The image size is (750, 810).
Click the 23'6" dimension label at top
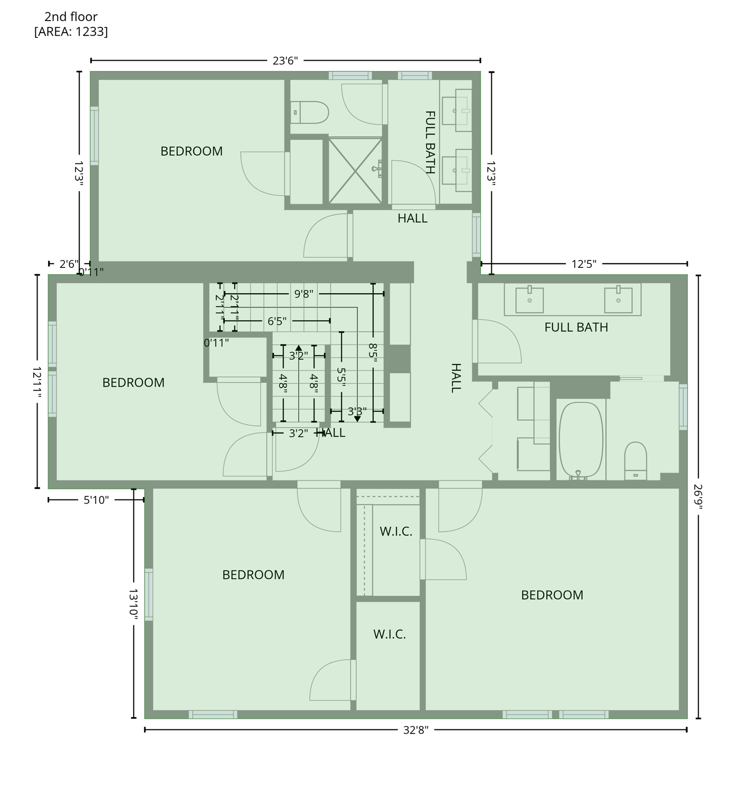pos(285,61)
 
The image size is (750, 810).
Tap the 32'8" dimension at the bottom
pos(416,730)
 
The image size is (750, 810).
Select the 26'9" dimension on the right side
pos(698,496)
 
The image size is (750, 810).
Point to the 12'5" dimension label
pos(584,264)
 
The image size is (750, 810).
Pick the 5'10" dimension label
pos(96,500)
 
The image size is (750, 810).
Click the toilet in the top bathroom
pos(310,112)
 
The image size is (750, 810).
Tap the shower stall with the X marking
pos(355,170)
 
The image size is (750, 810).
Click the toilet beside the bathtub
pos(635,460)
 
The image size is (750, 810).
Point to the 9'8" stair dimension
pos(303,294)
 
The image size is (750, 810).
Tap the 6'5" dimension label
pos(277,321)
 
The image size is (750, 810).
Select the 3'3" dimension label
pos(357,411)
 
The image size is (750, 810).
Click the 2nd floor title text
pos(71,17)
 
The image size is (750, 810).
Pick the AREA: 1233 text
pos(71,32)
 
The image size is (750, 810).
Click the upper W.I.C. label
pos(396,531)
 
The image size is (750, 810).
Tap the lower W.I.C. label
pos(390,634)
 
